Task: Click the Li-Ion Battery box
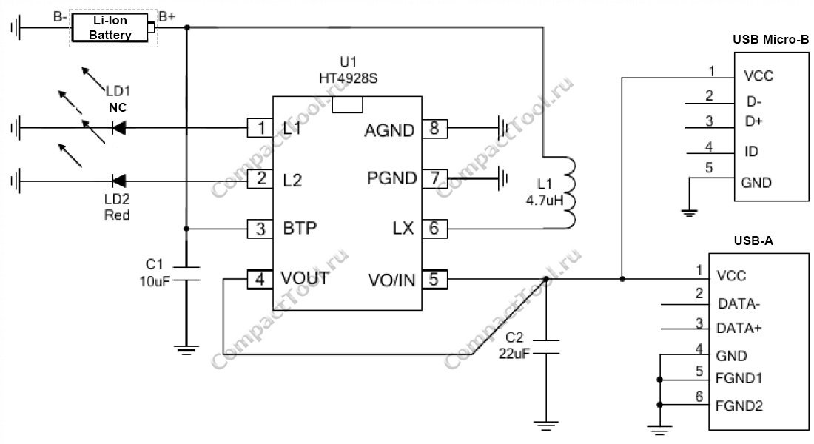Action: [x=110, y=27]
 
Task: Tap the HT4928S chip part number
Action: [x=349, y=78]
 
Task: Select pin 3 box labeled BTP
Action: [x=260, y=229]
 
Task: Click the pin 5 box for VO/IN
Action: [x=434, y=280]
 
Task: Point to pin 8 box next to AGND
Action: [x=434, y=128]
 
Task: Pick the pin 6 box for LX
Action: [x=434, y=228]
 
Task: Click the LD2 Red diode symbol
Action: [x=119, y=181]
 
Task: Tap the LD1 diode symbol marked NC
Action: [x=119, y=128]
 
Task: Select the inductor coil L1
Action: [x=570, y=192]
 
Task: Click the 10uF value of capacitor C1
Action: [x=155, y=281]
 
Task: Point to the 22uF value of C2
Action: [x=514, y=354]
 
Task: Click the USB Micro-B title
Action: [x=770, y=39]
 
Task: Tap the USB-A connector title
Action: [x=753, y=240]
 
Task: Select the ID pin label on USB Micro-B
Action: [x=751, y=152]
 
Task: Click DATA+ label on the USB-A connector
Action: [x=739, y=329]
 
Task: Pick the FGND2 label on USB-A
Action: [x=739, y=406]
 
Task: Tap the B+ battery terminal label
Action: [x=167, y=16]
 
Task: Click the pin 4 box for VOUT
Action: [x=260, y=280]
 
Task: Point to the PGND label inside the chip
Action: [x=392, y=178]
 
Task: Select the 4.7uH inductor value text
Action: [x=544, y=200]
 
